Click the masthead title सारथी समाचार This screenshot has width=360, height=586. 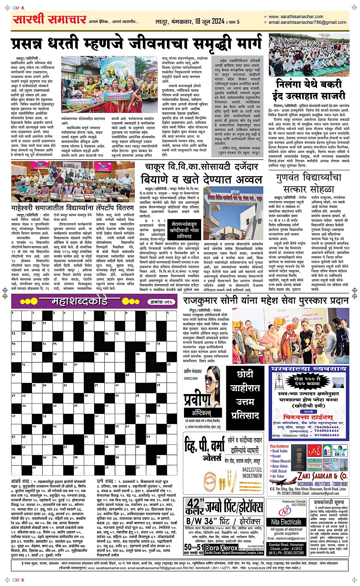click(49, 19)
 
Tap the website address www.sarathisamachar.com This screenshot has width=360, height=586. click(296, 17)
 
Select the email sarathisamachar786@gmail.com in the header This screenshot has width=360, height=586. click(307, 22)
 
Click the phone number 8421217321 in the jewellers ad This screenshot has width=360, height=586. click(252, 470)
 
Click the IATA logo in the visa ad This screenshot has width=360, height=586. click(339, 453)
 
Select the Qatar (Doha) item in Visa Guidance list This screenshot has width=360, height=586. click(280, 466)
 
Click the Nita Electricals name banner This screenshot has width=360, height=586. click(286, 522)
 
